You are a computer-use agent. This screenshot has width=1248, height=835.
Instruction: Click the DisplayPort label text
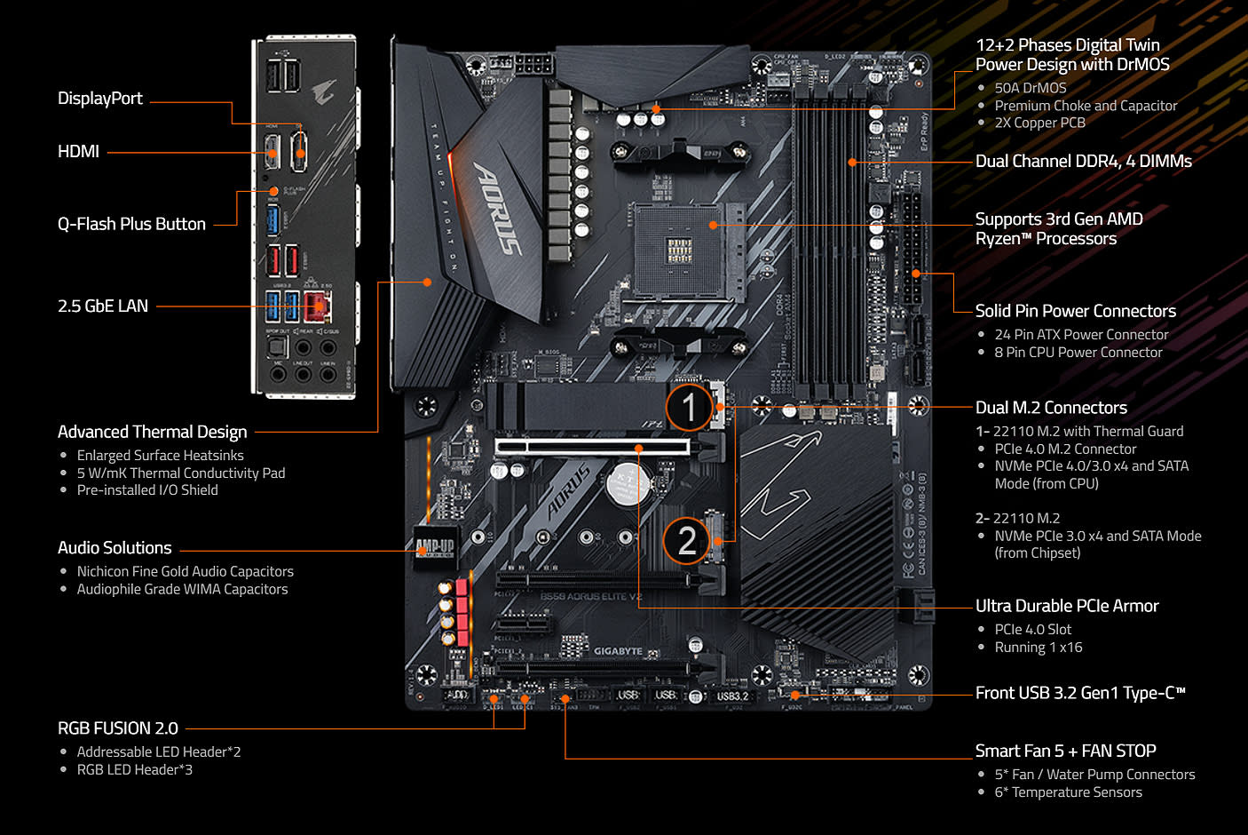click(x=99, y=99)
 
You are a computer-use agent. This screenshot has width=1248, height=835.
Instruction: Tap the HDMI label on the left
click(x=78, y=152)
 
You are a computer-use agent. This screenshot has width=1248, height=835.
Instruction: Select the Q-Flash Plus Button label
click(x=131, y=224)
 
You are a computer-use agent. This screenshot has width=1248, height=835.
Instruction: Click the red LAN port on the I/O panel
click(x=317, y=306)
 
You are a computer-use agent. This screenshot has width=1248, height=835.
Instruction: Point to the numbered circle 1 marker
click(x=689, y=408)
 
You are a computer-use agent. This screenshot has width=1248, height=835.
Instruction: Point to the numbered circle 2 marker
click(x=687, y=540)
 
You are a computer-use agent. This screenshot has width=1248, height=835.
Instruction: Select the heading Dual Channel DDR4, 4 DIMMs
click(x=1083, y=162)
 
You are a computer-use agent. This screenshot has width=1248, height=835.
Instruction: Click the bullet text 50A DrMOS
click(x=1030, y=88)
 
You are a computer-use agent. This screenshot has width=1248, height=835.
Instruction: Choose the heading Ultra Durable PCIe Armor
click(x=1066, y=606)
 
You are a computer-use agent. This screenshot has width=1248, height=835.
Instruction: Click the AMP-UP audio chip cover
click(x=435, y=545)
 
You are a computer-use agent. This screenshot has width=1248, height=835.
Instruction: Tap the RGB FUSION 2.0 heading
click(x=118, y=728)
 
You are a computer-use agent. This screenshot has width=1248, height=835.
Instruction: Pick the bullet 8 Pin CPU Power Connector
click(x=1078, y=353)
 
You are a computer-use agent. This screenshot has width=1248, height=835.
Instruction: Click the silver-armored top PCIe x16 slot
click(x=592, y=446)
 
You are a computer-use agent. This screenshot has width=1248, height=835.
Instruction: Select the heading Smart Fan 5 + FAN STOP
click(x=1065, y=751)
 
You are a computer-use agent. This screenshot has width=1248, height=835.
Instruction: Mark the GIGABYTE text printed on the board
click(x=618, y=651)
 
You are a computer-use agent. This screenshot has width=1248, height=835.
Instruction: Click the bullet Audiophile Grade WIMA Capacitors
click(x=182, y=589)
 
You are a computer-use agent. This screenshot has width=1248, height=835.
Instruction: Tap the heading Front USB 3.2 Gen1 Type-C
click(x=1079, y=693)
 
